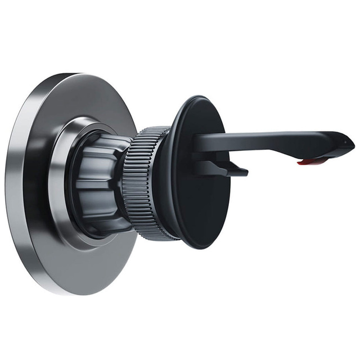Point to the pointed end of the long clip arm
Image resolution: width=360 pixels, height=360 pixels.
[x=353, y=143]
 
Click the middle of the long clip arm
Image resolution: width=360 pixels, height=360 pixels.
[x=264, y=138]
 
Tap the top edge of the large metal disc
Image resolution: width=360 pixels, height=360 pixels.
[x=73, y=75]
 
